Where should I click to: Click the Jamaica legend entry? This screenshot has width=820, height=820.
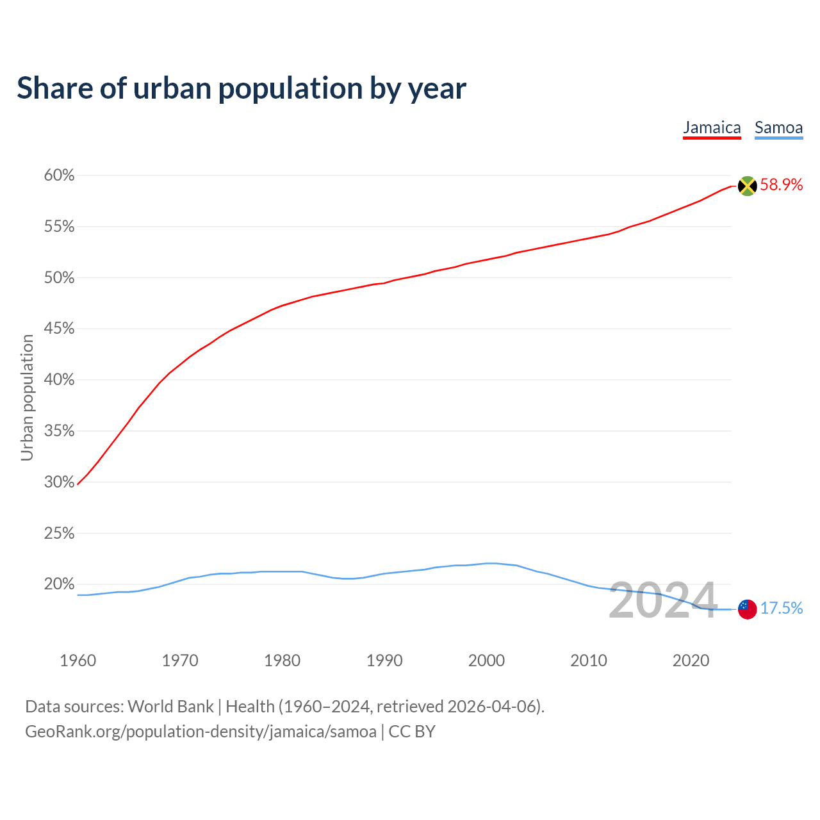712,127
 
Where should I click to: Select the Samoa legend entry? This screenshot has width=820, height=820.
778,127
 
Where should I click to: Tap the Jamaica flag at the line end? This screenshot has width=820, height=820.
747,186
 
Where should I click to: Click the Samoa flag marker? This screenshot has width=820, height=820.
747,609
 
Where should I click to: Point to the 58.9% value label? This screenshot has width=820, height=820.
781,185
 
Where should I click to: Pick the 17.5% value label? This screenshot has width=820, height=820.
781,609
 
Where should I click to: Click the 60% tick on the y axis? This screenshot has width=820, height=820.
59,176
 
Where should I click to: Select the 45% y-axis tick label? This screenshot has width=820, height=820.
59,329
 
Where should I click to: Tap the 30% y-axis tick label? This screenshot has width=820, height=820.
59,482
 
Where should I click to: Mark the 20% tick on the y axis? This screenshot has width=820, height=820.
59,584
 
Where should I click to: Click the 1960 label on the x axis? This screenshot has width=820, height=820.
78,660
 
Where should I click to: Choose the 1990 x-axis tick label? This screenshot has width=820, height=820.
384,660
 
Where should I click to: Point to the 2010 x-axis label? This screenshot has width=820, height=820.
589,660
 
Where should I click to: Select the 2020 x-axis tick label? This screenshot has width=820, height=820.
691,660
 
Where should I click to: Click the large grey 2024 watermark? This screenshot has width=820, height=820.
662,601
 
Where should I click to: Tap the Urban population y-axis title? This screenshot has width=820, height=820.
27,397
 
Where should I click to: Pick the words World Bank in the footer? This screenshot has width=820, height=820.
170,707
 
